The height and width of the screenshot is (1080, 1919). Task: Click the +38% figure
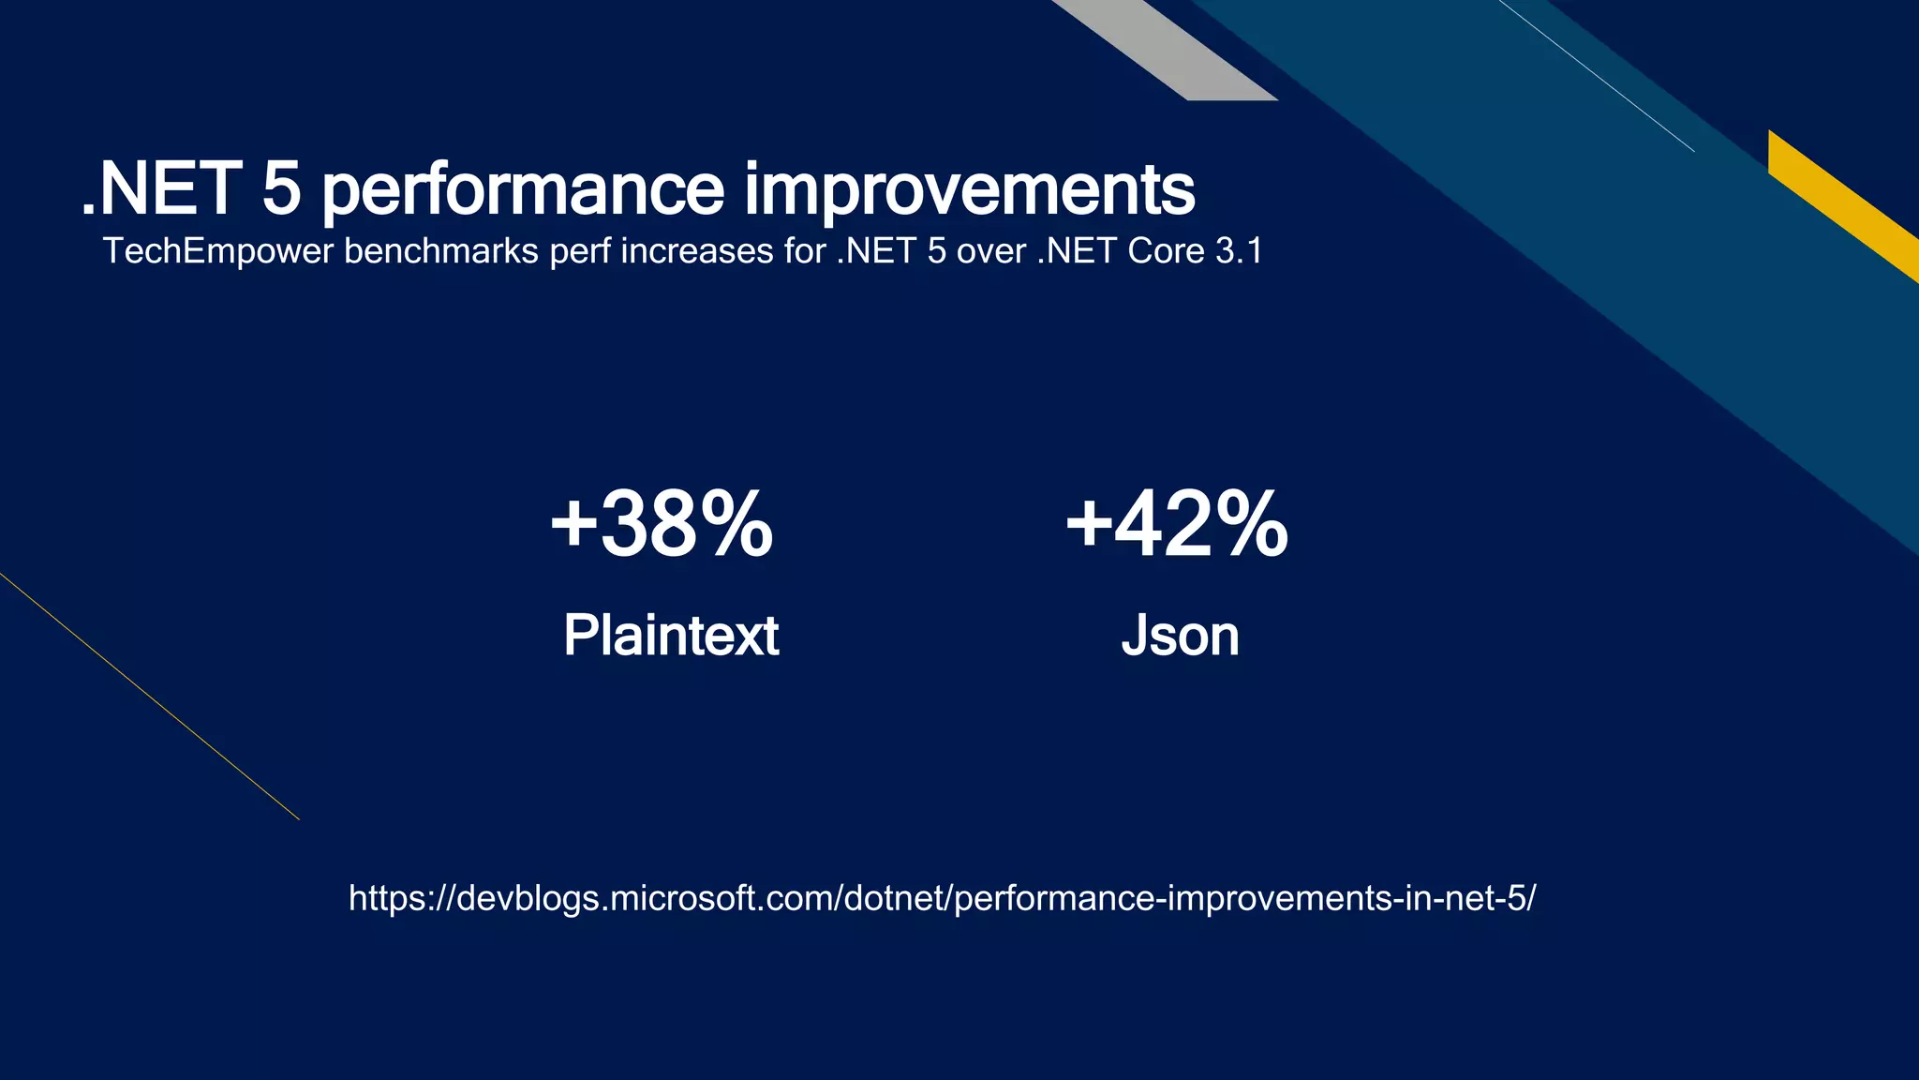pyautogui.click(x=662, y=524)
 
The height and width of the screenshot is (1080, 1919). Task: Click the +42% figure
pyautogui.click(x=1177, y=524)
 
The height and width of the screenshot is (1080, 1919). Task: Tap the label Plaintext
pyautogui.click(x=671, y=636)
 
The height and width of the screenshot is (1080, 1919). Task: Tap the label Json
pyautogui.click(x=1180, y=636)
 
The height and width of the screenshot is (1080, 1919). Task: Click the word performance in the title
pyautogui.click(x=523, y=190)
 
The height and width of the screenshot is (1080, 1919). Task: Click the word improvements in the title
pyautogui.click(x=970, y=190)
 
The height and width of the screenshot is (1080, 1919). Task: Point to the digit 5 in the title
pyautogui.click(x=281, y=190)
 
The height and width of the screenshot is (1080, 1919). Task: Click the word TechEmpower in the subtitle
pyautogui.click(x=217, y=251)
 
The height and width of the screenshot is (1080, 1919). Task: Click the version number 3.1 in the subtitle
pyautogui.click(x=1239, y=251)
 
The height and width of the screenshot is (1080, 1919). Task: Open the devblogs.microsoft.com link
pyautogui.click(x=942, y=898)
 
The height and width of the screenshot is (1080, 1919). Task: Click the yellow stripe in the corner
pyautogui.click(x=1841, y=204)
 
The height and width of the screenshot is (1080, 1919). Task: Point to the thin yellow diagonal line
pyautogui.click(x=150, y=697)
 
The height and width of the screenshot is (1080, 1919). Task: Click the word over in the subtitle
pyautogui.click(x=990, y=251)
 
